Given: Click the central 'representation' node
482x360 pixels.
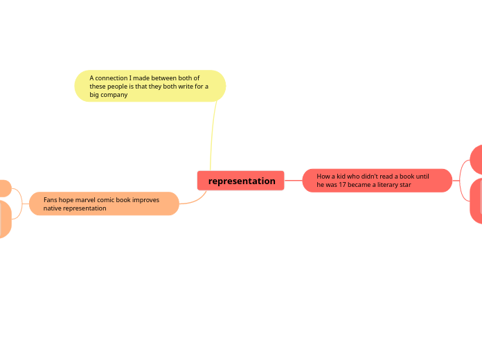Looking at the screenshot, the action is (241, 181).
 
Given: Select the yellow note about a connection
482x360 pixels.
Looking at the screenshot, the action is (150, 86).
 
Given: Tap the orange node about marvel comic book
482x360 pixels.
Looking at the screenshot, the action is (104, 204).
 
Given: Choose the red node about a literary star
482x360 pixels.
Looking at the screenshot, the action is (377, 181).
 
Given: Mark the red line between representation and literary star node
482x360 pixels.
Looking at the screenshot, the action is (293, 181).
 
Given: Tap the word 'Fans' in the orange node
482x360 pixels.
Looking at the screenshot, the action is (51, 199).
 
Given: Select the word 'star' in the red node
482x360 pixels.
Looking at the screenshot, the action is (405, 185).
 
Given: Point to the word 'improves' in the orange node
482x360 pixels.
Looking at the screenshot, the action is (146, 199).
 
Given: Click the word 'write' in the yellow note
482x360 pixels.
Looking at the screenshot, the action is (185, 87).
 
